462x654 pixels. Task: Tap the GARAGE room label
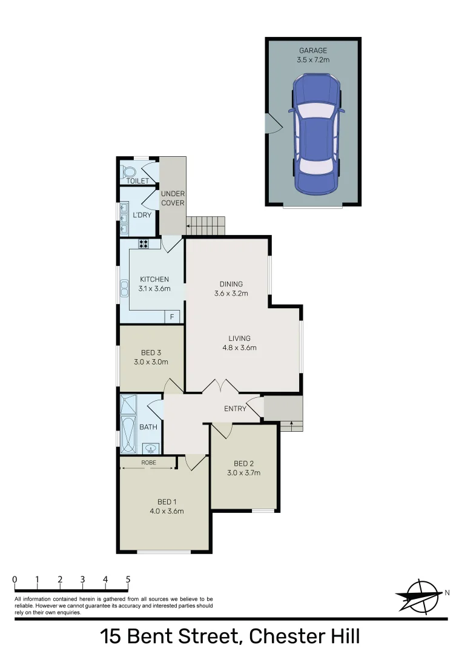(x=313, y=50)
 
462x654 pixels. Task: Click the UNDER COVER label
(x=173, y=198)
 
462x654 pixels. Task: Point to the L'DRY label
(x=142, y=215)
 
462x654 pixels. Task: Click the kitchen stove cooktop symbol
(x=144, y=244)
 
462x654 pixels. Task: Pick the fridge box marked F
(x=172, y=317)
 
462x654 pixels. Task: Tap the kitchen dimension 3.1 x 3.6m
(x=154, y=289)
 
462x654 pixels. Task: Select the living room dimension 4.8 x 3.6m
(x=239, y=348)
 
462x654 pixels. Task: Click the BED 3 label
(x=151, y=352)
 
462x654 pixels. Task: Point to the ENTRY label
(x=235, y=409)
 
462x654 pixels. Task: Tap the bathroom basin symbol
(x=151, y=449)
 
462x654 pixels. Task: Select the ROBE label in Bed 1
(x=148, y=463)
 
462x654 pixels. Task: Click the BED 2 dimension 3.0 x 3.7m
(x=243, y=473)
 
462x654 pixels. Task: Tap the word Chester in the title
(x=277, y=637)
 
